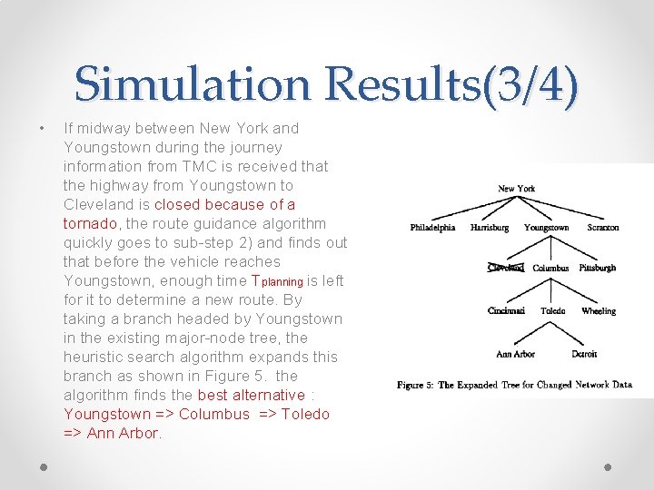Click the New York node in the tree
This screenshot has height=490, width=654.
click(517, 189)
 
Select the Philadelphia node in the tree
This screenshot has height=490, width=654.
click(432, 228)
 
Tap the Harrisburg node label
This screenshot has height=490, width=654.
click(490, 228)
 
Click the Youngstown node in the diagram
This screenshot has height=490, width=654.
click(547, 228)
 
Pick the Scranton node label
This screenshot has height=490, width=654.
click(603, 228)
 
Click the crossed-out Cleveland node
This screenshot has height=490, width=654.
click(506, 268)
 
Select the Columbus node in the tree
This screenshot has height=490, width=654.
click(550, 269)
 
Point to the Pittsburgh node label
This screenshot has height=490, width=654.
click(598, 268)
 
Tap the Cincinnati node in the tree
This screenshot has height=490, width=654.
click(506, 311)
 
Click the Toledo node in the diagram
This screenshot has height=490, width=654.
click(552, 311)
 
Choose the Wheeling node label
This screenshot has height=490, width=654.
click(599, 311)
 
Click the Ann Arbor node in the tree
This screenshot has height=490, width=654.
click(515, 355)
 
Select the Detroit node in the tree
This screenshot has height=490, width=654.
click(584, 355)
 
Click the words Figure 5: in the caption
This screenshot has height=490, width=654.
click(415, 386)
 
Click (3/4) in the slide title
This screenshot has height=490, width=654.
click(531, 84)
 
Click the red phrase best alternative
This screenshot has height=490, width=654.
click(251, 395)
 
